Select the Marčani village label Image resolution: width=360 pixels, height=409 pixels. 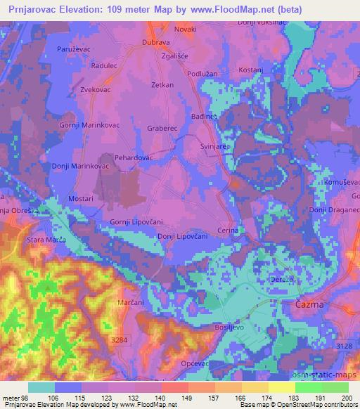(x=131, y=303)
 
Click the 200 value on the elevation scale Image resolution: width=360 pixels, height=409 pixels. (x=346, y=398)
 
